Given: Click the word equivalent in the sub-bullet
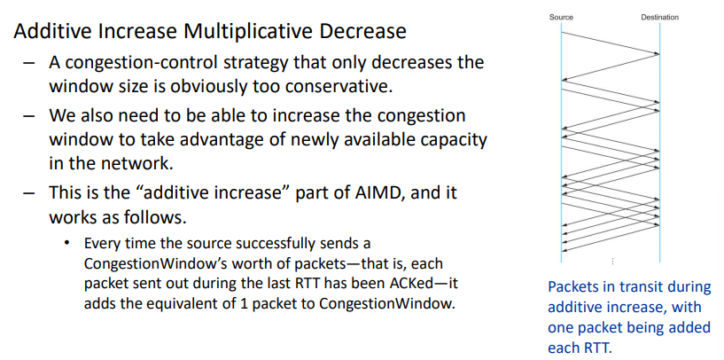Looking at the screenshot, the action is point(175,303).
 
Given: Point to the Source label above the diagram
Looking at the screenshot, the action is point(561,17).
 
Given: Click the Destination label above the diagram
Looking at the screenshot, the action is point(660,17).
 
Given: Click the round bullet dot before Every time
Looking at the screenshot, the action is point(68,242).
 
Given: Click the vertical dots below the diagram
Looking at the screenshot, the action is point(612,262).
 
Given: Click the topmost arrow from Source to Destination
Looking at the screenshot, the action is point(611,43).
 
